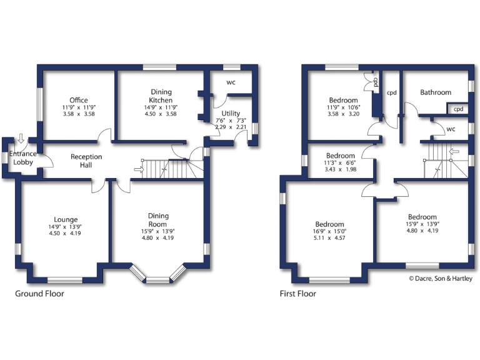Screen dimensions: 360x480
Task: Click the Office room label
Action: pos(79,100)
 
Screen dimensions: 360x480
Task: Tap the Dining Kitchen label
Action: pos(161,96)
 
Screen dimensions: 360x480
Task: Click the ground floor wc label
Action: pos(231,82)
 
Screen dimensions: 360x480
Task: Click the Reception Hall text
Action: pos(86,161)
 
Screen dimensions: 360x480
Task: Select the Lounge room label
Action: pos(66,219)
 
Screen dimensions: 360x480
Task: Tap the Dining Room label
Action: pos(158,220)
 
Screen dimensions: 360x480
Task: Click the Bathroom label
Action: pos(436,92)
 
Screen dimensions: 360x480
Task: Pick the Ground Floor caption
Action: pos(39,293)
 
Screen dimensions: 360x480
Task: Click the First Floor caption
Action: pos(297,293)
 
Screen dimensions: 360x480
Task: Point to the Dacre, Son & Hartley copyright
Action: pos(441,279)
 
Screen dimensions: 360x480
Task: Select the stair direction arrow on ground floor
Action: pos(139,169)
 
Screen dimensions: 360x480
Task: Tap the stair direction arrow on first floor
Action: pos(454,151)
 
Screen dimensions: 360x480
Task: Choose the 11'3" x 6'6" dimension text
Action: pos(341,163)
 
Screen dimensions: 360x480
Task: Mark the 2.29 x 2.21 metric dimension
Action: pos(230,127)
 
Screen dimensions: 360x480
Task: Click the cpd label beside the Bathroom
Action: pos(458,109)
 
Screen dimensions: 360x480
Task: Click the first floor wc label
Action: pos(451,129)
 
